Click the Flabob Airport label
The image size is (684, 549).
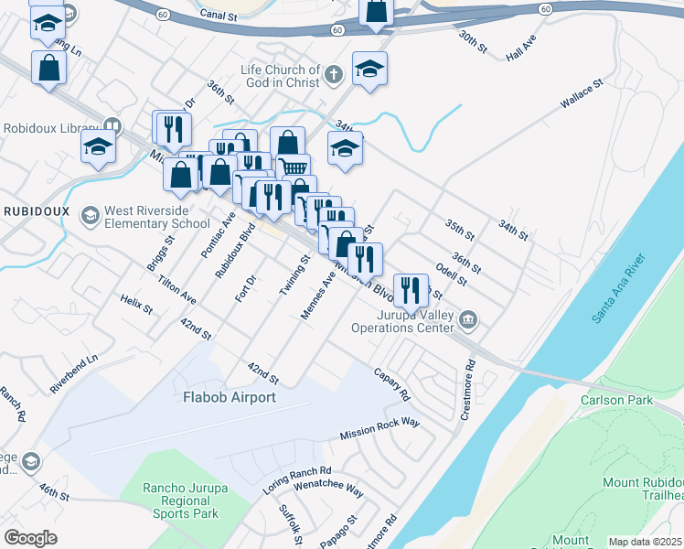point(229,397)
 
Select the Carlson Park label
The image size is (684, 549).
point(616,400)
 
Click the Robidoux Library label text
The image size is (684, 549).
point(51,127)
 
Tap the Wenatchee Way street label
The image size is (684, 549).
point(328,486)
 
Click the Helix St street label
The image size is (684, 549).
point(135,304)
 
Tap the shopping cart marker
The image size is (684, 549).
point(293,168)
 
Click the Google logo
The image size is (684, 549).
point(31,538)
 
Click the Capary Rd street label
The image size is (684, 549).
point(392,385)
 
